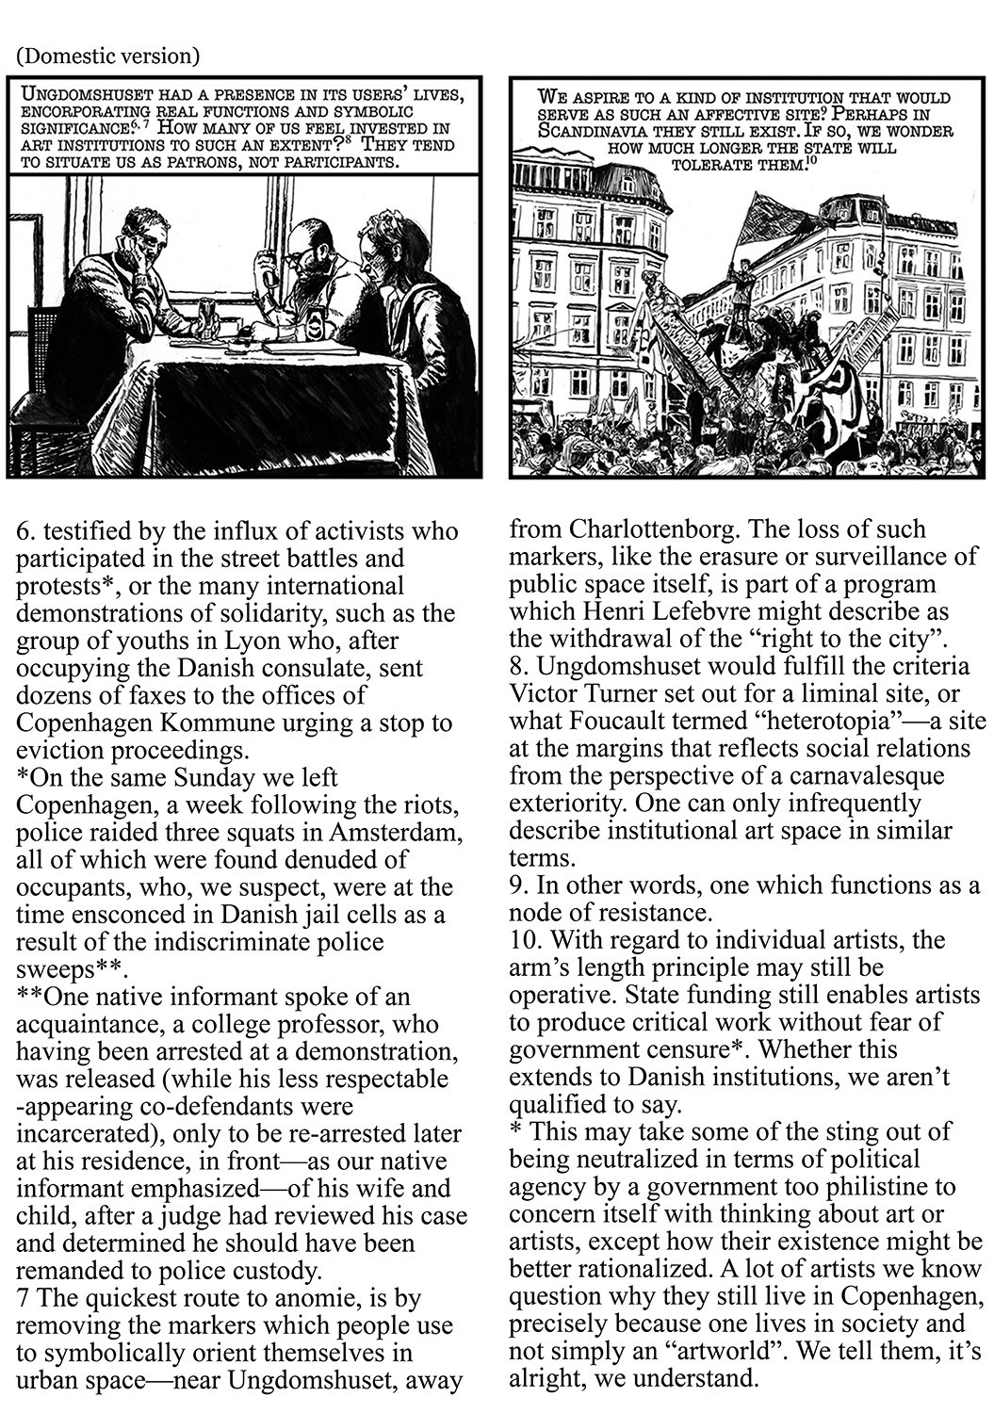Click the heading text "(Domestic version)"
coord(107,57)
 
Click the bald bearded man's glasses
coord(295,254)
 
